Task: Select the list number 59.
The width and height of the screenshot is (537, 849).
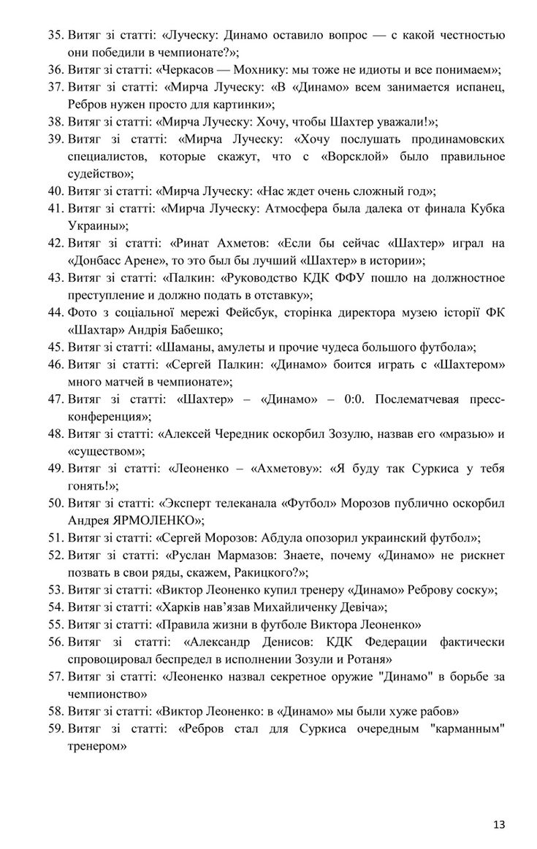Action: click(55, 729)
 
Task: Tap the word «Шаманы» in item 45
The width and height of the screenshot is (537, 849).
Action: click(194, 347)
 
